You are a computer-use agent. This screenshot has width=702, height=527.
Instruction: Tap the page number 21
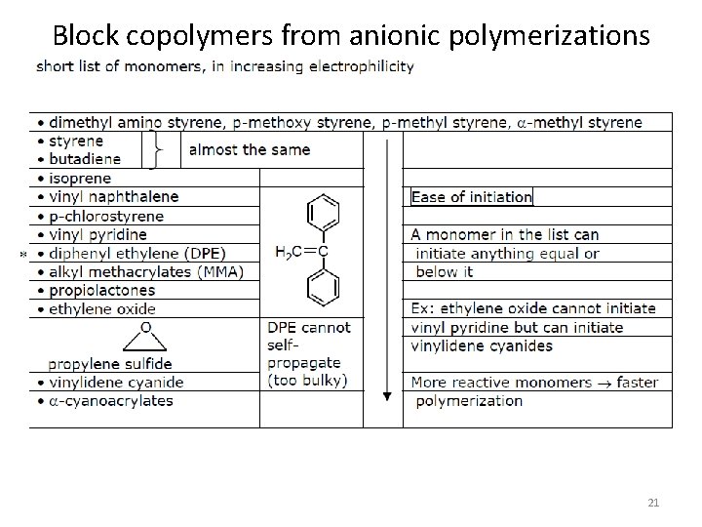point(653,502)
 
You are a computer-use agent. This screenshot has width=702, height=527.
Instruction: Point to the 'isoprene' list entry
point(80,179)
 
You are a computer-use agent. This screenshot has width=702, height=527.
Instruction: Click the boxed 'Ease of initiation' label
point(472,197)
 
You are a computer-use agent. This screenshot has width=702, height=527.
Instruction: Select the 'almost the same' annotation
point(249,150)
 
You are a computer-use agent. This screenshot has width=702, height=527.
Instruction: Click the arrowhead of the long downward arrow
point(387,396)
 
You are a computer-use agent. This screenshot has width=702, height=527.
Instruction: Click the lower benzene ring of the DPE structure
point(323,287)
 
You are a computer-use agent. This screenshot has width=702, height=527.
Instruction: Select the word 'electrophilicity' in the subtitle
point(360,67)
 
